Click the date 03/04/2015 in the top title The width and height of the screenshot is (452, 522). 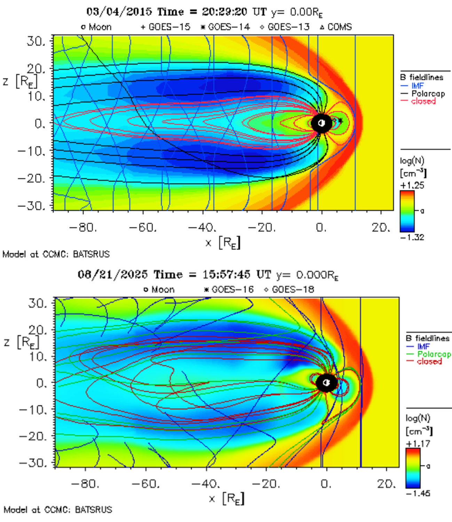(119, 12)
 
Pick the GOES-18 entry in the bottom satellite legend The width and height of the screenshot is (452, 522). (293, 289)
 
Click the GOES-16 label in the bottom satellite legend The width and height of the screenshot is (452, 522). (232, 289)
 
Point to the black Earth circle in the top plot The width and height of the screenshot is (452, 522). (321, 123)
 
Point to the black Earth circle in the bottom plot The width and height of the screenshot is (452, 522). (326, 383)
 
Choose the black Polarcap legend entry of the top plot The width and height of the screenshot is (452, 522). (428, 93)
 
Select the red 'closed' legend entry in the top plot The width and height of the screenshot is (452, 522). (423, 101)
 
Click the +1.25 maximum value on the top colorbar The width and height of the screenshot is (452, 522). (412, 185)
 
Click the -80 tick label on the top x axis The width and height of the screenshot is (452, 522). (83, 228)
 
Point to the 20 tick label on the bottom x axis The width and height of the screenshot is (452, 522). (386, 484)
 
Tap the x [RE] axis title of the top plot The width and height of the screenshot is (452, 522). (223, 243)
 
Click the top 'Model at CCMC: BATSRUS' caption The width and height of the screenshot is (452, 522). (56, 254)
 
